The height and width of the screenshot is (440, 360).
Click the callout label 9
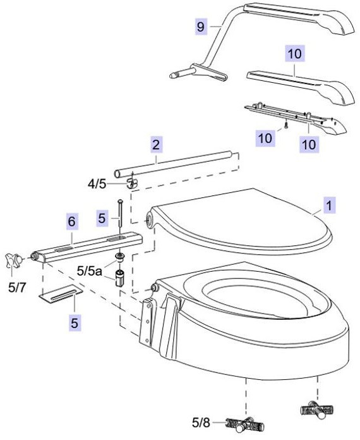(x=201, y=27)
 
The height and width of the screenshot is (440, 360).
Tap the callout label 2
(x=156, y=145)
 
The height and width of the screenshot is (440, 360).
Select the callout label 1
(x=330, y=205)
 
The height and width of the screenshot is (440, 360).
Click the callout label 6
(x=72, y=222)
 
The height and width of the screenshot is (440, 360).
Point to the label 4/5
(x=97, y=185)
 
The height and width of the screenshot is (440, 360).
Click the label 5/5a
(x=89, y=271)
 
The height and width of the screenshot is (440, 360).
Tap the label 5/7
(x=17, y=288)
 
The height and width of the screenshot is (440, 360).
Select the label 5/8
(x=201, y=422)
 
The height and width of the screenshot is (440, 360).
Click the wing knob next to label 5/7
(x=14, y=260)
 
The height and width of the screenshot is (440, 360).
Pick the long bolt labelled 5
(x=120, y=212)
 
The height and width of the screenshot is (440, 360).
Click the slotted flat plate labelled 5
(x=60, y=294)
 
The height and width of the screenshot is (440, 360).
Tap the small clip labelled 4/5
(x=132, y=183)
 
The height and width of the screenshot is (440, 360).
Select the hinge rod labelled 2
(x=173, y=164)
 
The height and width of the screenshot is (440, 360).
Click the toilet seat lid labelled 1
(x=241, y=223)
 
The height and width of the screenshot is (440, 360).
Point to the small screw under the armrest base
(x=285, y=125)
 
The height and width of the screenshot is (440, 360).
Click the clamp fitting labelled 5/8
(x=244, y=425)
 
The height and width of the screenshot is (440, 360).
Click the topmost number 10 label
(x=295, y=53)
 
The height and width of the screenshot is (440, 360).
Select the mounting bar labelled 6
(x=88, y=247)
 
